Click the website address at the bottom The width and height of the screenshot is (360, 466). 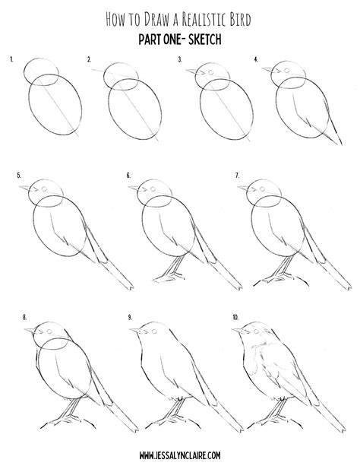click(x=180, y=455)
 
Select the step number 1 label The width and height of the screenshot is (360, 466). click(x=11, y=59)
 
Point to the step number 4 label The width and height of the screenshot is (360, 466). click(x=256, y=60)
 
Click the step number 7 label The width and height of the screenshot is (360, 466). click(x=237, y=176)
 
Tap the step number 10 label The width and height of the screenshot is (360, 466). click(x=235, y=318)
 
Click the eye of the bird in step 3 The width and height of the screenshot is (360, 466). click(x=211, y=72)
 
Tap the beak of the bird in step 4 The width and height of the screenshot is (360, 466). click(x=267, y=69)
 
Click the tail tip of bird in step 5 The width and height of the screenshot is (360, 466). click(x=131, y=287)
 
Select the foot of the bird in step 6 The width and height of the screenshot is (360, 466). click(x=169, y=278)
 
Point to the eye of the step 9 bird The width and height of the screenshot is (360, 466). click(x=154, y=331)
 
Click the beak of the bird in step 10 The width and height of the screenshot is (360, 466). click(x=237, y=330)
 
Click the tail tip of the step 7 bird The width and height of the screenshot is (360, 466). click(x=349, y=287)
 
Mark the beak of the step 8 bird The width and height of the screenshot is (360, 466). click(x=30, y=331)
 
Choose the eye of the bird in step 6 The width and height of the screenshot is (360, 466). click(x=153, y=189)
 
